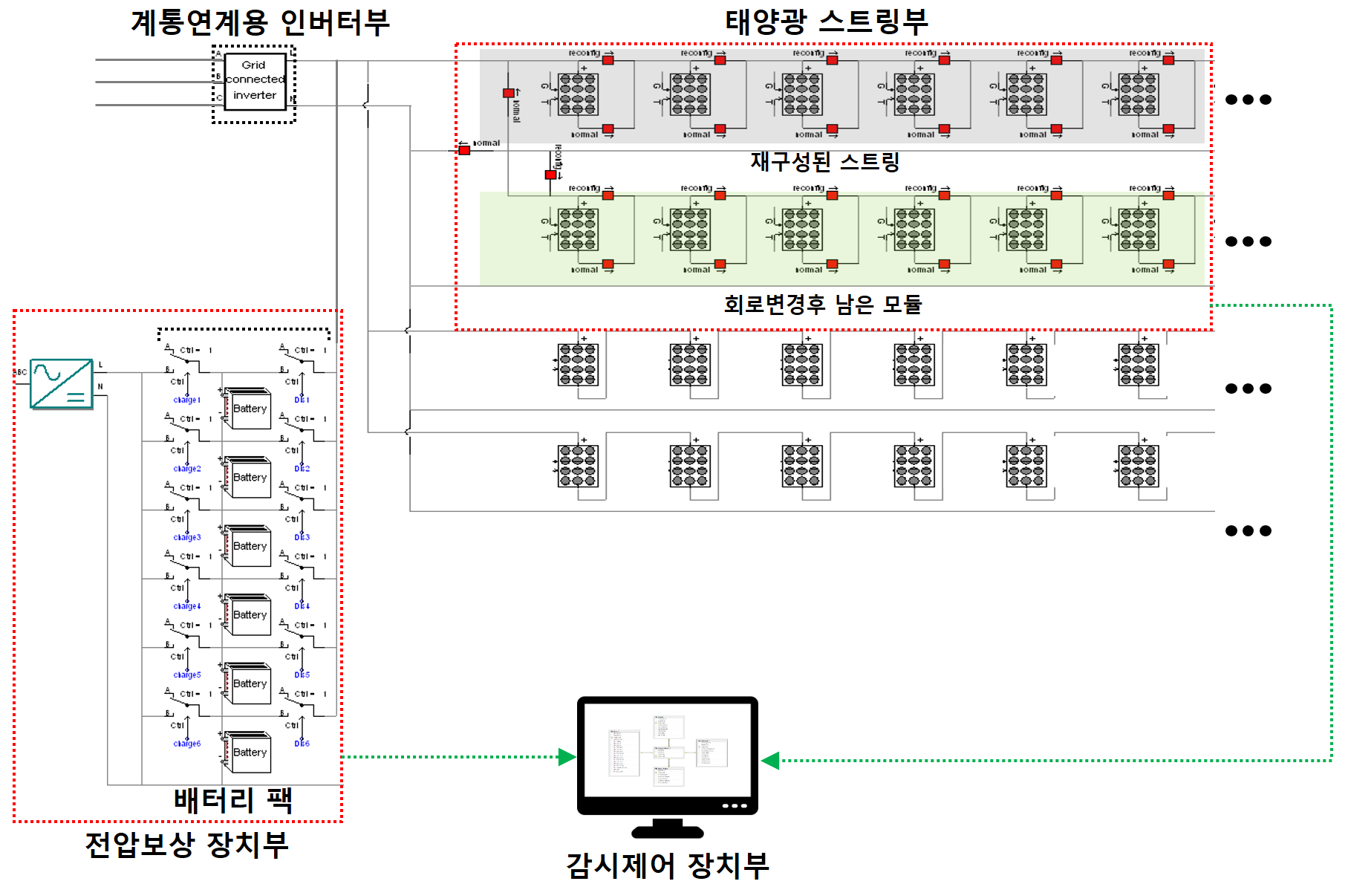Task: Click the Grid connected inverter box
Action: click(x=255, y=81)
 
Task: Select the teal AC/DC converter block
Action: click(x=61, y=383)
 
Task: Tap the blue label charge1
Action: click(x=186, y=400)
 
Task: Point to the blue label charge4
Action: click(x=186, y=606)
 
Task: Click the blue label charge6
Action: click(x=186, y=744)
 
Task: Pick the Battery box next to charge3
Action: click(x=249, y=546)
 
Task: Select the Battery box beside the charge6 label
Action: click(x=249, y=753)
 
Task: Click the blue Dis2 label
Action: click(x=302, y=469)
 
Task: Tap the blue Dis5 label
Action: click(x=302, y=675)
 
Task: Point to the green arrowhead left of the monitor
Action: click(x=567, y=757)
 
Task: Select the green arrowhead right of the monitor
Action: click(x=770, y=761)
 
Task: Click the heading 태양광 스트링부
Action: click(x=826, y=22)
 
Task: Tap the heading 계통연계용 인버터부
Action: click(x=260, y=22)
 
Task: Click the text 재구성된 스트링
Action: click(x=824, y=161)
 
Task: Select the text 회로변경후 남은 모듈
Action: click(x=822, y=304)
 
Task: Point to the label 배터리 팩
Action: click(x=232, y=800)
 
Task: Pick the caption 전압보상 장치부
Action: click(x=186, y=845)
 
